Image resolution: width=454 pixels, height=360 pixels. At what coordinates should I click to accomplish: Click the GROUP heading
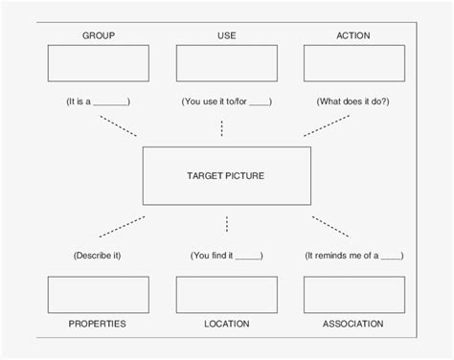pyautogui.click(x=98, y=35)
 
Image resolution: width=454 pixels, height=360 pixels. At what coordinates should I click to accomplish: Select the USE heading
pyautogui.click(x=227, y=35)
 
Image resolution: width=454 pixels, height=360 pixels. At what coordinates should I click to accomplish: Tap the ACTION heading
pyautogui.click(x=353, y=35)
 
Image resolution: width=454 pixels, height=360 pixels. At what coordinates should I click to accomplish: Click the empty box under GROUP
pyautogui.click(x=98, y=63)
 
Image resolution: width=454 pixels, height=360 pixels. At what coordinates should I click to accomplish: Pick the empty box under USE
pyautogui.click(x=227, y=63)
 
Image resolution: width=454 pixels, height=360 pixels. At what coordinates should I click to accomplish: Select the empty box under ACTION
pyautogui.click(x=353, y=63)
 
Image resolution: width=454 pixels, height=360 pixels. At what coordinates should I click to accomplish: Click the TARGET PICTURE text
pyautogui.click(x=226, y=176)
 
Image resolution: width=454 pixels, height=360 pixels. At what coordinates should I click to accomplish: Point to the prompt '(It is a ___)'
pyautogui.click(x=98, y=101)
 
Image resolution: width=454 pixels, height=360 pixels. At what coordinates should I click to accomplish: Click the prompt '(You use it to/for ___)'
pyautogui.click(x=226, y=101)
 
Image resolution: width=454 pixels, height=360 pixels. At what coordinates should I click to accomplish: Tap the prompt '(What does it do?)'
pyautogui.click(x=353, y=101)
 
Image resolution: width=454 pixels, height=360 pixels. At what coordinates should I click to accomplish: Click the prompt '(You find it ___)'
pyautogui.click(x=226, y=256)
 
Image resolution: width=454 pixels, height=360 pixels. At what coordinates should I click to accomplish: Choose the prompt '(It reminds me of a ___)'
pyautogui.click(x=353, y=256)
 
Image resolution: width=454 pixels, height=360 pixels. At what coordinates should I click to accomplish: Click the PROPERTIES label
pyautogui.click(x=98, y=324)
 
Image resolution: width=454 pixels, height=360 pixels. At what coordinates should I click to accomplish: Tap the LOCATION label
pyautogui.click(x=227, y=324)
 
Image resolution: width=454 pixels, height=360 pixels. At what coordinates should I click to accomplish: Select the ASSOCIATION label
pyautogui.click(x=353, y=324)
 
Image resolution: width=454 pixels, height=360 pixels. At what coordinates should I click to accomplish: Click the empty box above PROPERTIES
pyautogui.click(x=98, y=295)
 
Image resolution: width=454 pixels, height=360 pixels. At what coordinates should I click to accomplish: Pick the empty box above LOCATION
pyautogui.click(x=227, y=295)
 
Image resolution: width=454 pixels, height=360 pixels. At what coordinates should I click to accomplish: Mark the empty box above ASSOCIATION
pyautogui.click(x=353, y=295)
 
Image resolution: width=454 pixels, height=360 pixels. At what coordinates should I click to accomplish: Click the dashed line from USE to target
pyautogui.click(x=222, y=127)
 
